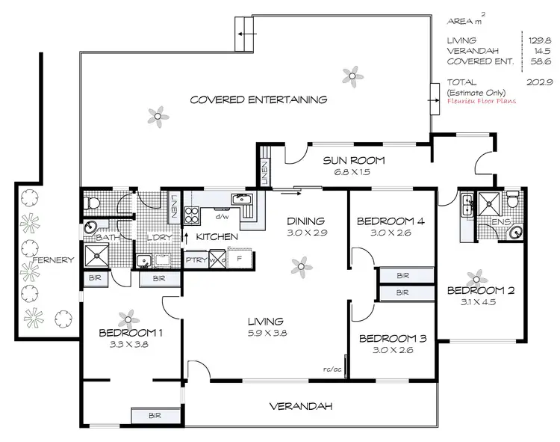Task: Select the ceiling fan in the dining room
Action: [x=300, y=265]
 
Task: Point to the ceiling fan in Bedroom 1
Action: [x=128, y=317]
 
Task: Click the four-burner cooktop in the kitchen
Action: [x=191, y=215]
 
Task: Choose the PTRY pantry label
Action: [x=196, y=260]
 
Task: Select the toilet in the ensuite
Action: [x=511, y=200]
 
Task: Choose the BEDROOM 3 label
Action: [x=392, y=338]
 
